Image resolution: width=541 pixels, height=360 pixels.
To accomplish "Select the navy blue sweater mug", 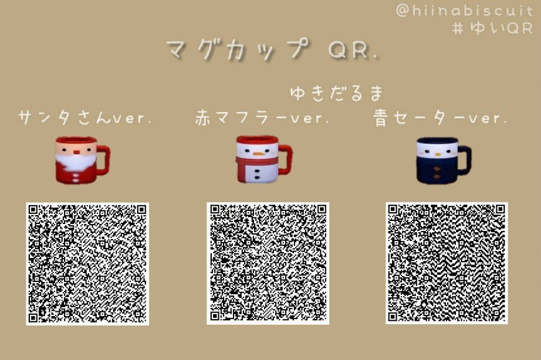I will click(x=441, y=159).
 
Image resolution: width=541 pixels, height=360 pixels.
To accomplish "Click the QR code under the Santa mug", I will click(x=87, y=263).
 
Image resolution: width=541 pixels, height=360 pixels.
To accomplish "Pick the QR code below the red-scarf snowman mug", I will click(x=268, y=263).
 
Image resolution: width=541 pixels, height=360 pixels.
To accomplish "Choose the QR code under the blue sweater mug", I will click(x=447, y=263).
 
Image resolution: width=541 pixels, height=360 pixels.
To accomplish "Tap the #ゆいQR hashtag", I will click(x=492, y=28).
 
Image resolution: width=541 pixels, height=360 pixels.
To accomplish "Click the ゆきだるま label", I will click(x=336, y=93).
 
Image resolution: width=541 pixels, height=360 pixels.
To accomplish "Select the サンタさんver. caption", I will click(x=85, y=118).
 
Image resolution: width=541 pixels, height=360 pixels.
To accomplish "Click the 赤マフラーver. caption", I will click(x=262, y=118).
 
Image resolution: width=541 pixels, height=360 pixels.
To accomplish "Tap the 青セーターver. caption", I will click(x=440, y=118).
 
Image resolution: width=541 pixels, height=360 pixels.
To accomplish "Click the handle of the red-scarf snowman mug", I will click(x=285, y=158).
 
